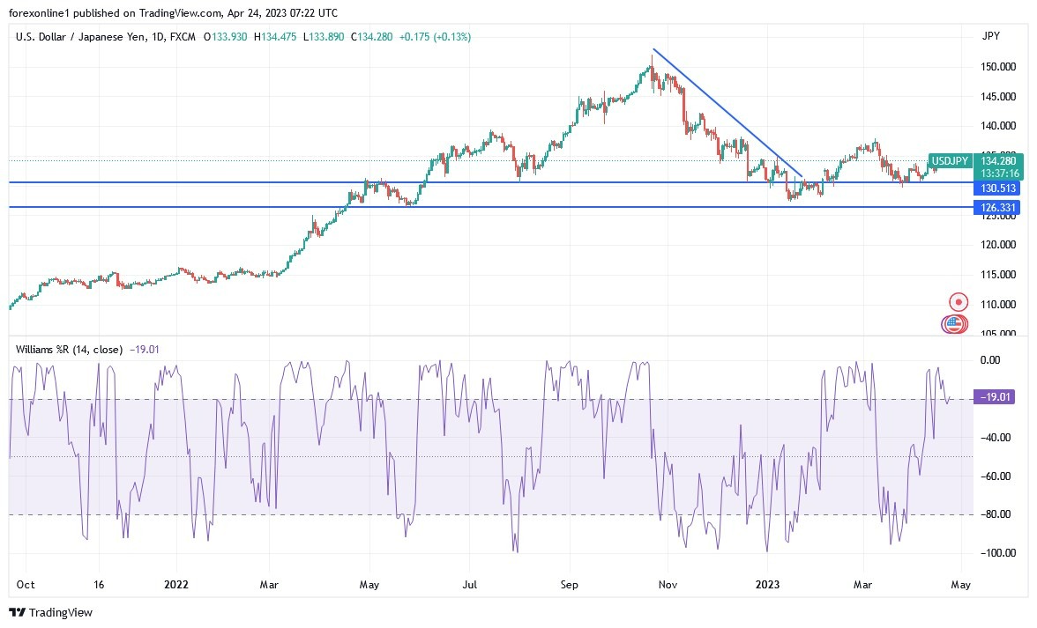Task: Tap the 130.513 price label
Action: (x=996, y=188)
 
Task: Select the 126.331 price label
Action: (x=996, y=207)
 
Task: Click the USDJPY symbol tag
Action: (x=951, y=161)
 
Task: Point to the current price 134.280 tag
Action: (x=998, y=161)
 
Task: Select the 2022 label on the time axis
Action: (x=177, y=585)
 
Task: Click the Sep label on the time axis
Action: (x=570, y=585)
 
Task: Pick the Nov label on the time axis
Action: (x=668, y=585)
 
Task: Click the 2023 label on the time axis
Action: (x=768, y=585)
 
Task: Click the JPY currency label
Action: (x=990, y=36)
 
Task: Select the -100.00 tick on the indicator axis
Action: (x=994, y=553)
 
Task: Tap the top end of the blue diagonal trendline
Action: (x=653, y=49)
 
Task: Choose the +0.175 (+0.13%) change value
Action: (x=435, y=37)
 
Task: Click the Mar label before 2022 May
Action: (x=271, y=585)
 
